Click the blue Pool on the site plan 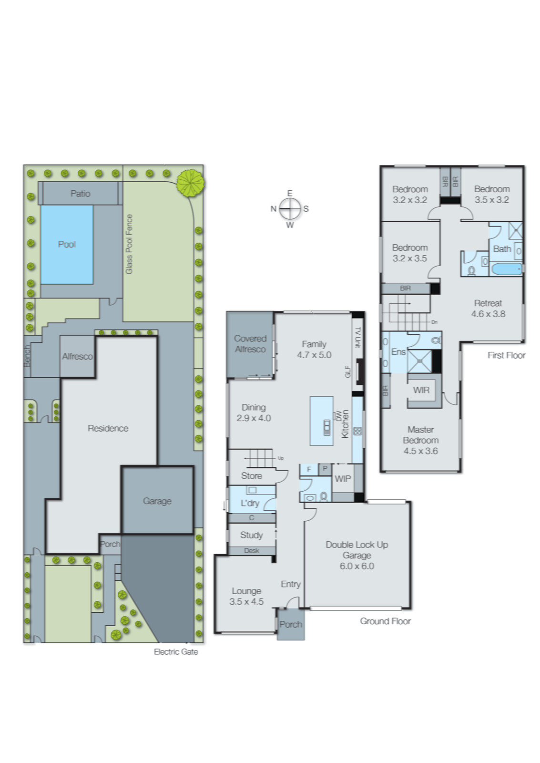(x=67, y=244)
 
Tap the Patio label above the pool (x=80, y=193)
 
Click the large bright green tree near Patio (x=190, y=183)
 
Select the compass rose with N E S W (x=290, y=209)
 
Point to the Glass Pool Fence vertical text (x=129, y=244)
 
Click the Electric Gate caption (x=175, y=651)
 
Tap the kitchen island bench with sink (x=322, y=421)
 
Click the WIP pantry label (x=343, y=479)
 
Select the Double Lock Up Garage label (x=357, y=555)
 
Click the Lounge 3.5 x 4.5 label (x=246, y=596)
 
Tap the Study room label (x=251, y=535)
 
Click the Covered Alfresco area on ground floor (x=250, y=344)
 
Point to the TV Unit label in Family (x=358, y=337)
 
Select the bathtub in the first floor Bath (x=506, y=269)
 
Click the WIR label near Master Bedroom (x=421, y=390)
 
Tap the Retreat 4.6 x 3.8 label (x=488, y=309)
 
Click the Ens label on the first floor (x=398, y=352)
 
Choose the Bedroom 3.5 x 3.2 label (x=491, y=194)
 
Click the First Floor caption (x=506, y=355)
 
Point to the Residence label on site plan (x=108, y=428)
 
